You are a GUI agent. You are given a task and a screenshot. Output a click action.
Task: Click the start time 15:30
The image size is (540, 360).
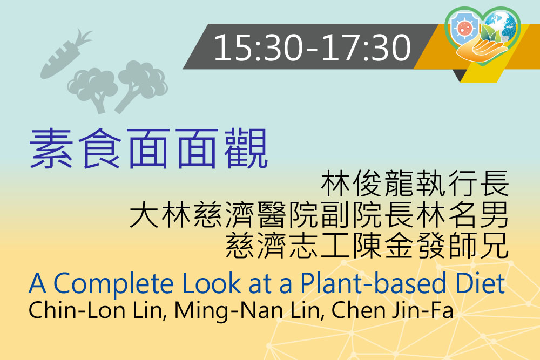click(259, 47)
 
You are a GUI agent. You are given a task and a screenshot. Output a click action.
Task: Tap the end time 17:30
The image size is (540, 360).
click(366, 47)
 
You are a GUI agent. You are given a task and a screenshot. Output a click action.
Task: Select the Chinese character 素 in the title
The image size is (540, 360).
click(51, 148)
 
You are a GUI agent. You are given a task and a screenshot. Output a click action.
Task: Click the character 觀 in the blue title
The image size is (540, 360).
click(246, 148)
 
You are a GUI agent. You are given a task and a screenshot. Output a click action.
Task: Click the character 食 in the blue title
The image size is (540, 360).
click(100, 148)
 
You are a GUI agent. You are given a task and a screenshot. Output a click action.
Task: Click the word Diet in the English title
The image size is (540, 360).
click(480, 283)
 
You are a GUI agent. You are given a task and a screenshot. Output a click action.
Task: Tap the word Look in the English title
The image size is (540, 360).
click(212, 283)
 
